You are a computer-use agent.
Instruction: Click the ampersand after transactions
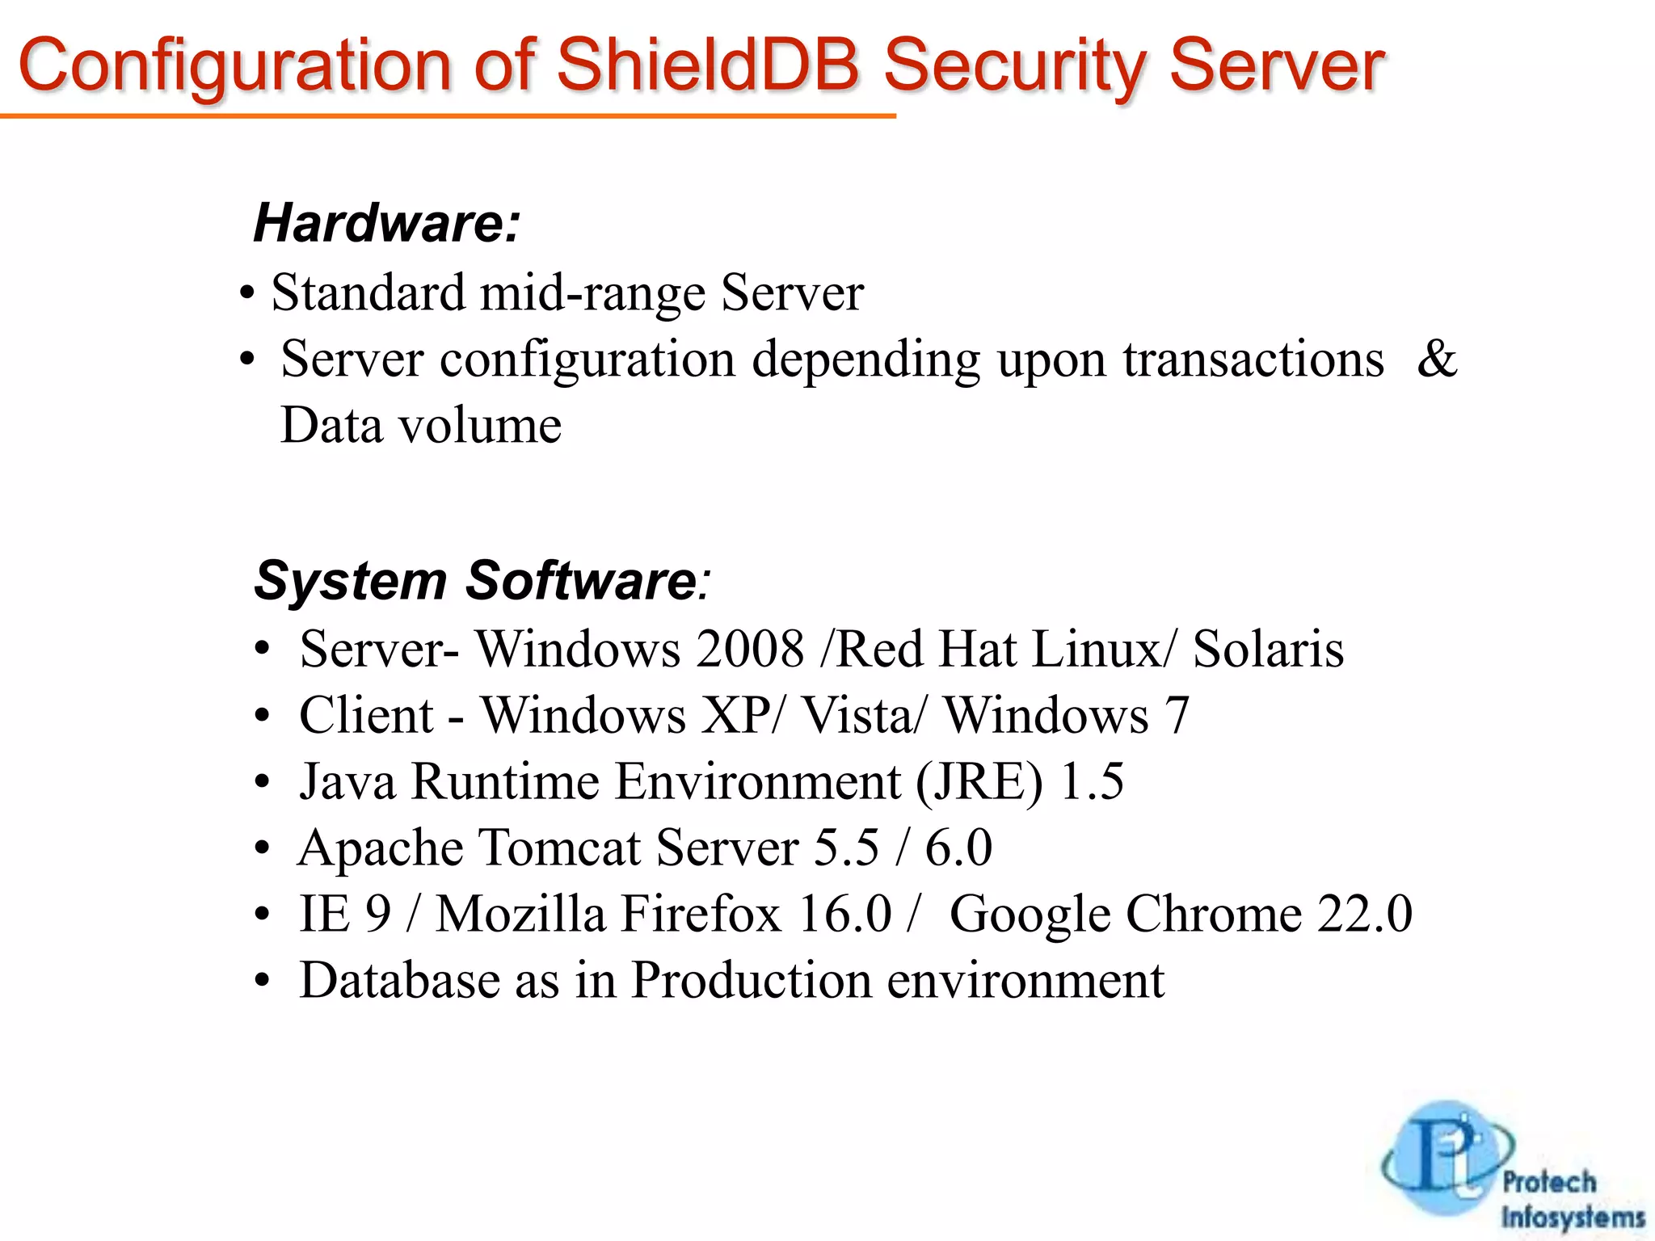1437,358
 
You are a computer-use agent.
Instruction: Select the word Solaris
1268,649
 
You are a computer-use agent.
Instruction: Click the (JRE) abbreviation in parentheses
979,782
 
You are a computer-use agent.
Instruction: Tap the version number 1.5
1092,782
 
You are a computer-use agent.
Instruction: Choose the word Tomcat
559,848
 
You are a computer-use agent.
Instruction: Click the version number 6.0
958,848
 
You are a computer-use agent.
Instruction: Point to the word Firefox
701,915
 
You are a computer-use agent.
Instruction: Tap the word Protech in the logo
1549,1181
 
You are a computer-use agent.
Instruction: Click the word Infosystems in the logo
1573,1217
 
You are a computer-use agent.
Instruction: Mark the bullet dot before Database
261,981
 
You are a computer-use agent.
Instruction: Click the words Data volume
420,426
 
